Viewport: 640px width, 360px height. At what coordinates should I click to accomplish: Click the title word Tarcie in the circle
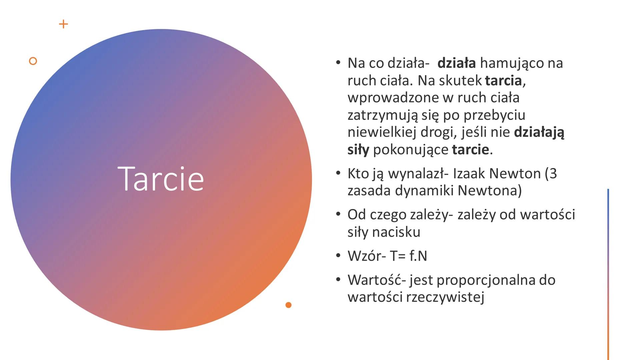161,179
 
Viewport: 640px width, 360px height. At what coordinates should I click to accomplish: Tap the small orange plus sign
63,24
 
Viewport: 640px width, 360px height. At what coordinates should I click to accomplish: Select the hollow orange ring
33,61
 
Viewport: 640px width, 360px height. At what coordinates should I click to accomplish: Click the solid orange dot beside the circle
289,305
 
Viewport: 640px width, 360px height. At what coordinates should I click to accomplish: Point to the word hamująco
511,63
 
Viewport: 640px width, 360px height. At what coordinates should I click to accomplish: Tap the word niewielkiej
382,132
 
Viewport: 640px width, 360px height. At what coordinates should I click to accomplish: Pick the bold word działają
539,132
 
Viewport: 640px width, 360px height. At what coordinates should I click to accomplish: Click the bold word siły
358,150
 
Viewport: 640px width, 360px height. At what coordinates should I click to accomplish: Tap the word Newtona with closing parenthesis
490,191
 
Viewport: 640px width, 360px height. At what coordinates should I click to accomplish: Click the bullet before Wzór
338,256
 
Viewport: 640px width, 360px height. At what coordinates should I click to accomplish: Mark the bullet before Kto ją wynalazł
338,173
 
